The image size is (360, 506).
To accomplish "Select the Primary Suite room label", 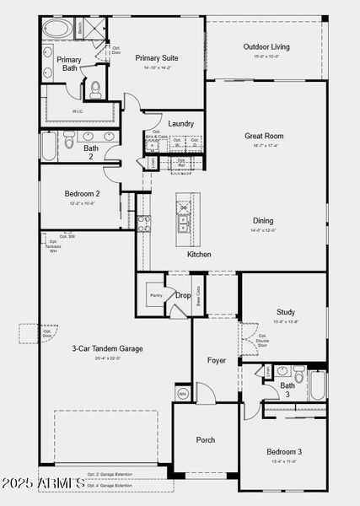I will tap(157, 58).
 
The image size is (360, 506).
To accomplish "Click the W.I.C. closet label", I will tap(78, 110).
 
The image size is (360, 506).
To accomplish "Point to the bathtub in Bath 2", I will tap(47, 148).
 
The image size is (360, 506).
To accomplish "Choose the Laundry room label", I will tap(180, 123).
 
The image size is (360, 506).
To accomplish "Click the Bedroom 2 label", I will tap(82, 194).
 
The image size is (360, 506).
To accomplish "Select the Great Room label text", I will tap(263, 136).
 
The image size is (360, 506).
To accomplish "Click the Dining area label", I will tap(263, 221).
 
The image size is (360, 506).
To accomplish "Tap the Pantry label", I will tap(156, 295).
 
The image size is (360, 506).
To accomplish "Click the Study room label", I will tap(286, 311).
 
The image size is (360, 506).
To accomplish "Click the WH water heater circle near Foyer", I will tap(182, 393).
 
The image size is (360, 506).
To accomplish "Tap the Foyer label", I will tap(217, 360).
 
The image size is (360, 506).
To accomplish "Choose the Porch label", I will tap(205, 439).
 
